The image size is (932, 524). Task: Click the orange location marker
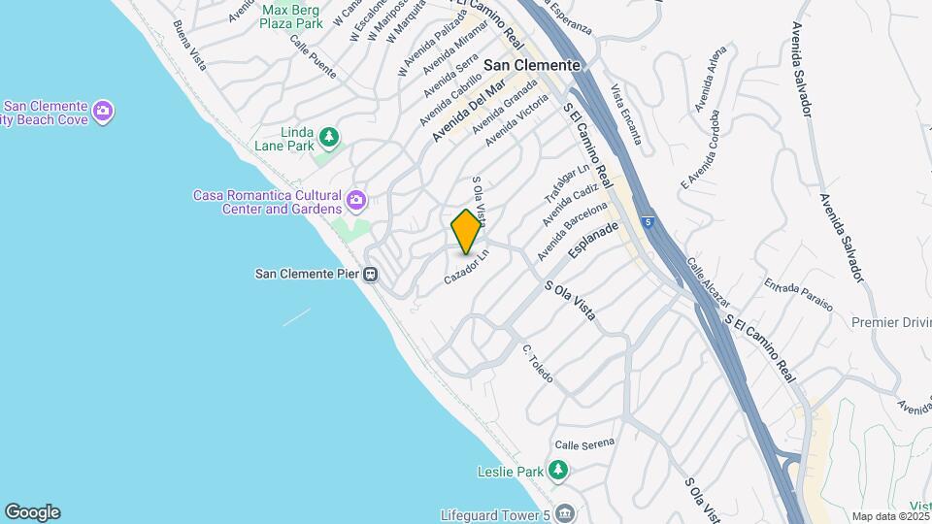coord(466,232)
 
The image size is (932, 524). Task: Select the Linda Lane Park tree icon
coord(330,138)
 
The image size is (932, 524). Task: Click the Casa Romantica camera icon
coord(356,201)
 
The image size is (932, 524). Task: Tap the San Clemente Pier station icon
coord(370,274)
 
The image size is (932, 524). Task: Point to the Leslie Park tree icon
coord(557,472)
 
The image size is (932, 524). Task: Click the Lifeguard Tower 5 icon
coord(566,511)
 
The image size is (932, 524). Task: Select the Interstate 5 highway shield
coord(648,222)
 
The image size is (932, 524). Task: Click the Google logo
coord(32,512)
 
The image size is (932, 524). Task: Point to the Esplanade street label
coord(593,242)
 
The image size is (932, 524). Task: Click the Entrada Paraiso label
coord(798,295)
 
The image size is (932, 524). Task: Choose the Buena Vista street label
coord(189,45)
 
